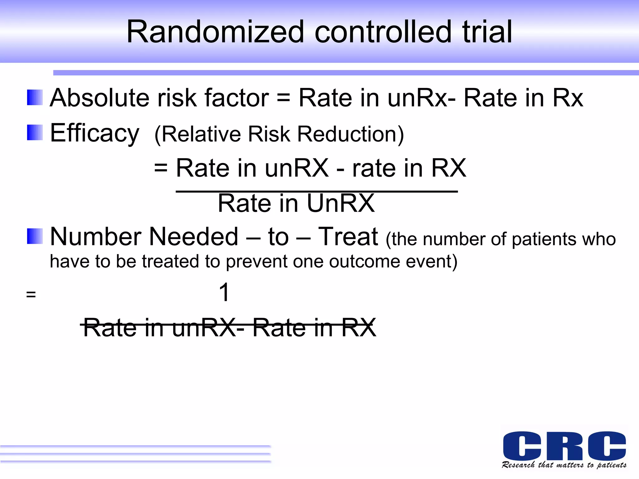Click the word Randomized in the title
[x=215, y=32]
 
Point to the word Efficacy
[x=95, y=133]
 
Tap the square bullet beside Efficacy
[x=35, y=133]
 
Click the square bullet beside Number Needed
[x=35, y=236]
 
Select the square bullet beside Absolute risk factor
[x=35, y=98]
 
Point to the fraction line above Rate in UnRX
[x=316, y=191]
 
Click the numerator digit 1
[x=224, y=292]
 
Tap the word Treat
[x=348, y=237]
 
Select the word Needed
[x=194, y=237]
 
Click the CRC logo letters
[x=564, y=446]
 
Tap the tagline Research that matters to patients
[x=564, y=465]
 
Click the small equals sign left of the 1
[x=31, y=294]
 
